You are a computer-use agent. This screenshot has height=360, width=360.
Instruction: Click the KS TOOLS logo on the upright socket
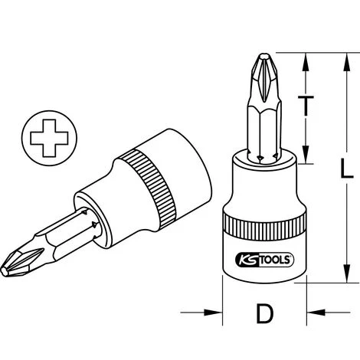262,259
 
